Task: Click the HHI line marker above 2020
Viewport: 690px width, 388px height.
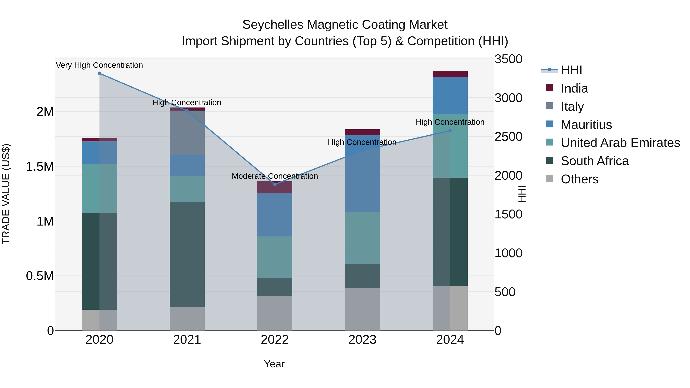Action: [99, 73]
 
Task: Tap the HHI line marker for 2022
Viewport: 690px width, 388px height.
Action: [274, 184]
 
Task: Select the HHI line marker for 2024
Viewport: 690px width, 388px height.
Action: [450, 131]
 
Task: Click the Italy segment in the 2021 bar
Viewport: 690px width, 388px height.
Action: [187, 133]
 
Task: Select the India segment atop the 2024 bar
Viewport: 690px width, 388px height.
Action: [450, 74]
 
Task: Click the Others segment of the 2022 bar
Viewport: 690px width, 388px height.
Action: [274, 313]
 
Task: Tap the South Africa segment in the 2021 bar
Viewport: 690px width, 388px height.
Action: [187, 254]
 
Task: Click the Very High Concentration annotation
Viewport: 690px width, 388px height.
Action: [99, 65]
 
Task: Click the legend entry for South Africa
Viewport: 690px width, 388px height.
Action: [594, 161]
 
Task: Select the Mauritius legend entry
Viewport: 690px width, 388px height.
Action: [586, 125]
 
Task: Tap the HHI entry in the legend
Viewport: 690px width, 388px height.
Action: [571, 70]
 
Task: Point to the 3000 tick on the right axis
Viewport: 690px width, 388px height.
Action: [508, 98]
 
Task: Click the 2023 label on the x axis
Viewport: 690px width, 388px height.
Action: [362, 340]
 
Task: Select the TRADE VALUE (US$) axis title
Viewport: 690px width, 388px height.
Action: [6, 194]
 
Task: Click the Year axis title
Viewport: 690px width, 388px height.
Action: [274, 364]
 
